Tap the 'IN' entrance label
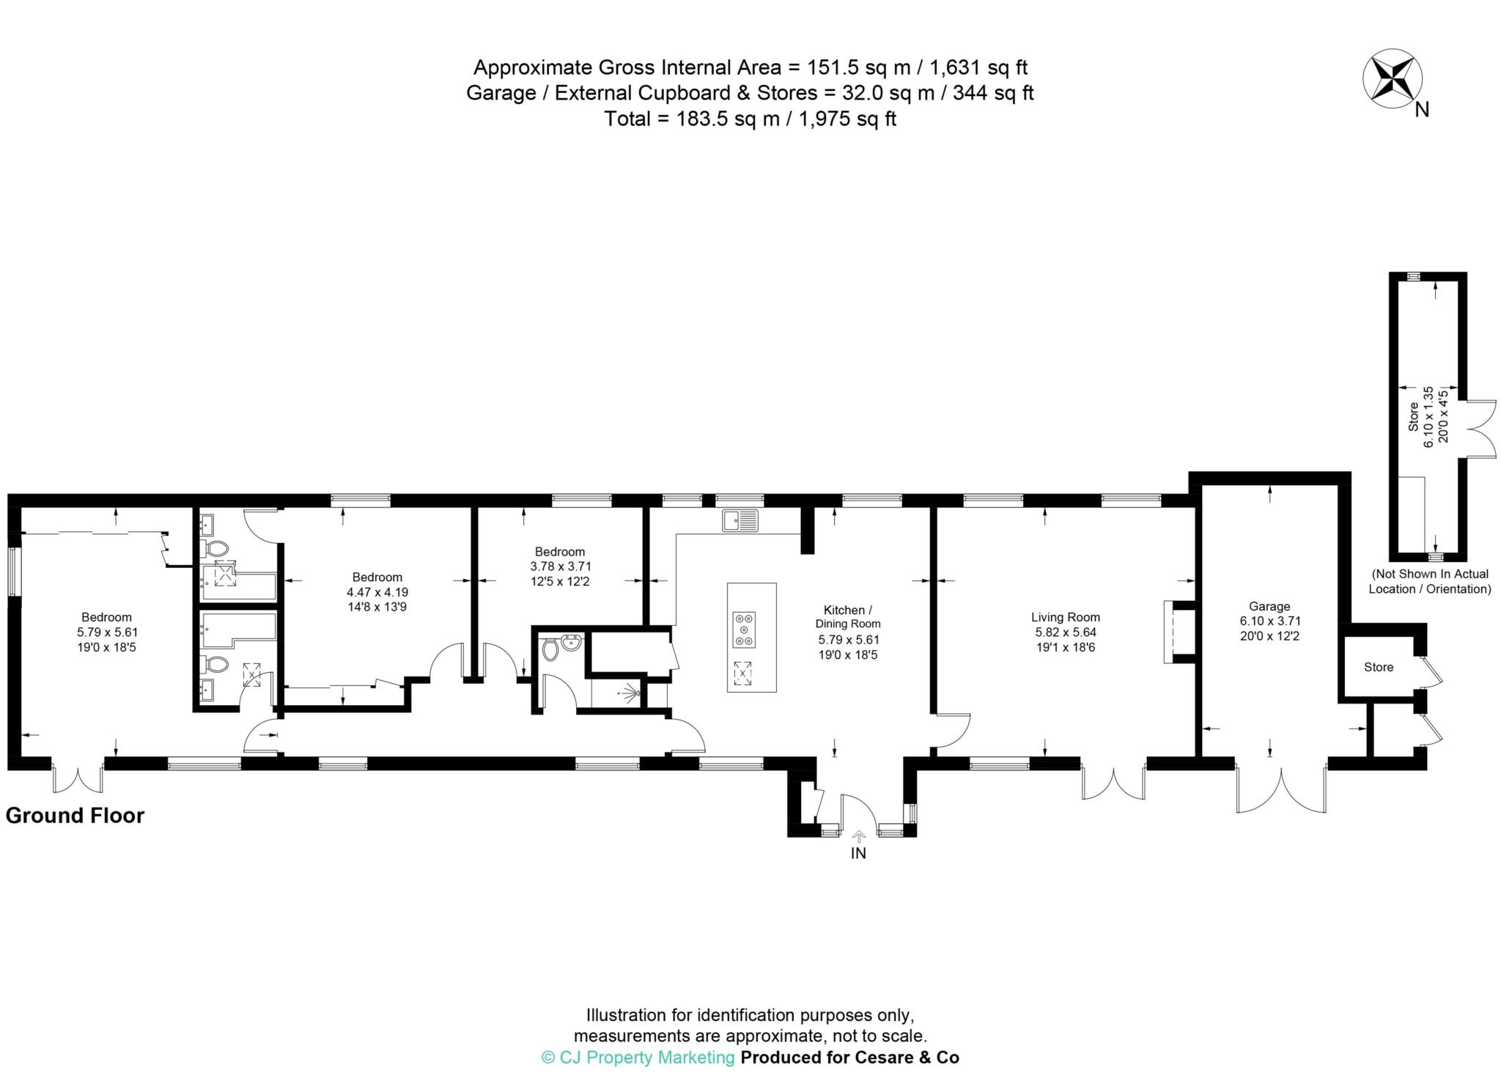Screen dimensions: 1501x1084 coord(858,853)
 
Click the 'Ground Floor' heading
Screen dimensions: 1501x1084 coord(75,816)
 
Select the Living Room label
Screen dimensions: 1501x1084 coord(1066,617)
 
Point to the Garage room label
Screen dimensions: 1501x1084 coord(1269,606)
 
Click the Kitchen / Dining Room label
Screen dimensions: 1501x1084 coord(848,616)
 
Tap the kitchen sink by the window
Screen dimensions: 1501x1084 coord(740,520)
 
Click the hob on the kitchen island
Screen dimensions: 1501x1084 coord(744,629)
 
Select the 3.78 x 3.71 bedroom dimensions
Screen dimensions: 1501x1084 coord(561,567)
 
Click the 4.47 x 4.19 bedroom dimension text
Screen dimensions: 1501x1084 coord(377,592)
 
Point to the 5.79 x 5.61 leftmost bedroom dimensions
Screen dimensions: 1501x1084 coord(107,633)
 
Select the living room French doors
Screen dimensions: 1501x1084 coord(1113,782)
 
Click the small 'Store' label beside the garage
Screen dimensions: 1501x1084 coord(1379,667)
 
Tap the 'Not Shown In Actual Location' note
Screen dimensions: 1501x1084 coord(1430,581)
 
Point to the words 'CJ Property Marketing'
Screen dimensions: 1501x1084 coord(646,1057)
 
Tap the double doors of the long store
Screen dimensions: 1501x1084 coord(1480,429)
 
